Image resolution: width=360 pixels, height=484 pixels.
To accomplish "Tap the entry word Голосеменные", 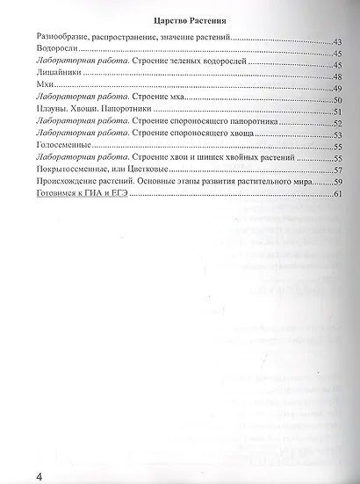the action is [61, 148].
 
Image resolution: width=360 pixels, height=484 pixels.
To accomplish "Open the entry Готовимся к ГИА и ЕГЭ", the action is [81, 194].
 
